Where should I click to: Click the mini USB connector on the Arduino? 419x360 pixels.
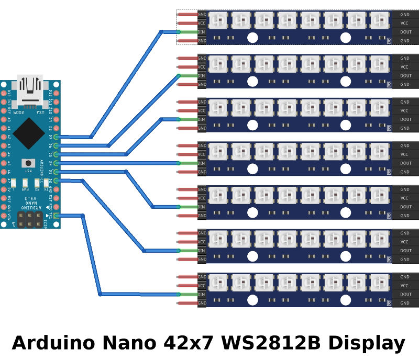(30, 87)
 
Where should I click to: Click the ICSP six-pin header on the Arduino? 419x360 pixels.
(29, 220)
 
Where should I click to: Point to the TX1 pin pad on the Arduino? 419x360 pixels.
(56, 216)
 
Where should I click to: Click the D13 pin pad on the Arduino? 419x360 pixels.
(4, 93)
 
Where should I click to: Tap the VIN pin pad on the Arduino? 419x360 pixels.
(4, 216)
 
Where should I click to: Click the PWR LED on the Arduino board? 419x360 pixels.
(25, 182)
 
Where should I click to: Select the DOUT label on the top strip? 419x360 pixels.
(405, 32)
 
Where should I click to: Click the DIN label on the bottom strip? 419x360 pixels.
(202, 294)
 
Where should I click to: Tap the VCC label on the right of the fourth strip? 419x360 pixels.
(404, 154)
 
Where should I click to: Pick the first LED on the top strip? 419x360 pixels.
(217, 20)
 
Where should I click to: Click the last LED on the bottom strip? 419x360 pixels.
(379, 283)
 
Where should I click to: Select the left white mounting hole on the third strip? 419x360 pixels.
(252, 125)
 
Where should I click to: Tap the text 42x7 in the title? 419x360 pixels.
(186, 343)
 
